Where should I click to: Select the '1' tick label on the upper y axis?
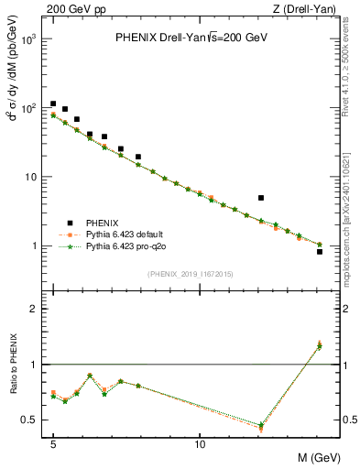pos(35,246)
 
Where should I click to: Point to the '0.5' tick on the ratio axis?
pos(30,420)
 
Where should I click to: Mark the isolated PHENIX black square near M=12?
pos(261,198)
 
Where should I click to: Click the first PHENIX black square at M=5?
pos(53,104)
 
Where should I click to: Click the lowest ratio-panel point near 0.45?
pos(261,426)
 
